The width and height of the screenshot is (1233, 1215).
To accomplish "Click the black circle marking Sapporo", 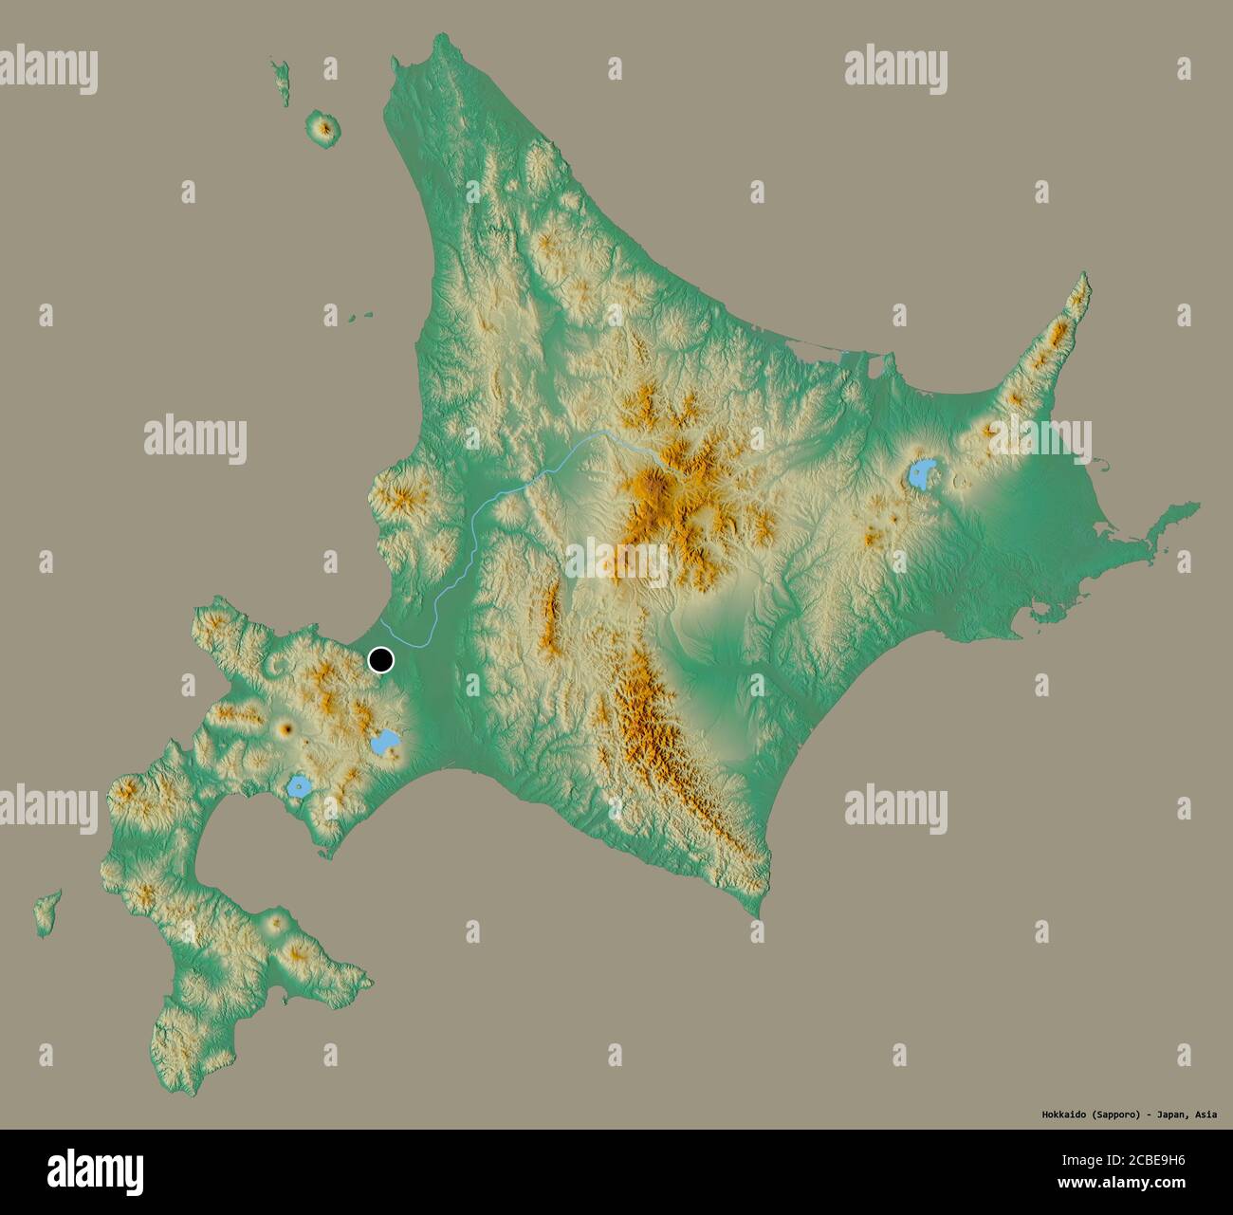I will [x=381, y=659].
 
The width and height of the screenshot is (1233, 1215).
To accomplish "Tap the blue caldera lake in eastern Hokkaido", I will [x=922, y=472].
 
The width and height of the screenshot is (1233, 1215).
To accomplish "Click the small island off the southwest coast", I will [x=46, y=911].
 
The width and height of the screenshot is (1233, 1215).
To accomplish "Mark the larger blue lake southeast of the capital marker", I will [x=385, y=743].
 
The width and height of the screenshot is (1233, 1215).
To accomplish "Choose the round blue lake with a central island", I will [x=300, y=786].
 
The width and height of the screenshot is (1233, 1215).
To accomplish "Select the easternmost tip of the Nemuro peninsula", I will [x=1197, y=506].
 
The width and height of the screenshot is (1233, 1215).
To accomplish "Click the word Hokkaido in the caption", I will [x=1053, y=1114].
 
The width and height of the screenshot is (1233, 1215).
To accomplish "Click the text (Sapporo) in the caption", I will [x=1109, y=1114].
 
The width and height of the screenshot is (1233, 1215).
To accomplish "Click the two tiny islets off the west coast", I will [x=359, y=318].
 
